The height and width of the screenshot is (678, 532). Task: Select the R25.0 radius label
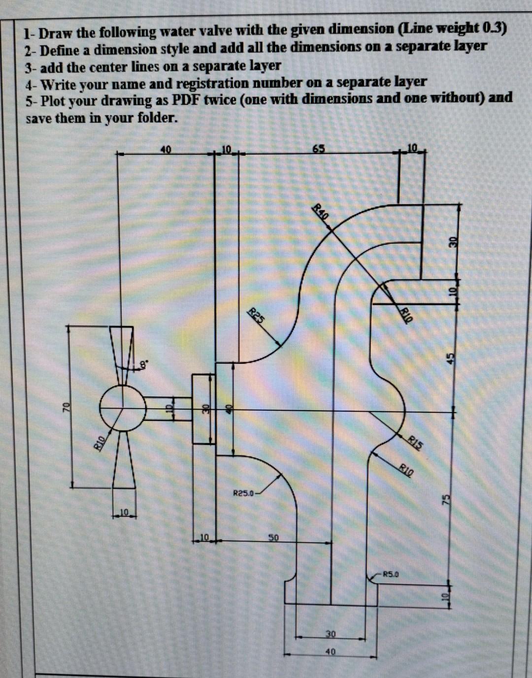[x=243, y=492]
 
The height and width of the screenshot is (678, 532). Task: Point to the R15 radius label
[x=416, y=442]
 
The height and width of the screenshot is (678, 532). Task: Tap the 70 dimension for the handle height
[x=65, y=407]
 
